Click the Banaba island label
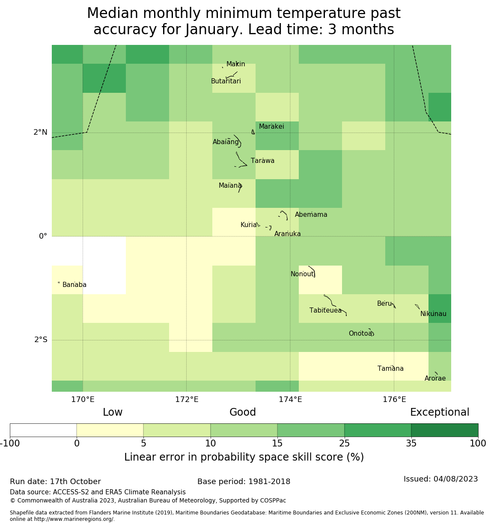tap(74, 285)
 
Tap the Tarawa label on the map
tap(262, 161)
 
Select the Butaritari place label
tap(226, 81)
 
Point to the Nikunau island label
tap(433, 314)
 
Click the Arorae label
tap(435, 378)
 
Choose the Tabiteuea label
tap(325, 310)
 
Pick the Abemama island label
tap(311, 215)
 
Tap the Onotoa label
tap(360, 334)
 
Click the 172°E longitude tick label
tap(187, 400)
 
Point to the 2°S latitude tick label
tap(41, 340)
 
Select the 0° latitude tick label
tap(43, 236)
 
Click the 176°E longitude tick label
tap(394, 400)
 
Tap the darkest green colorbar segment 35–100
tap(444, 430)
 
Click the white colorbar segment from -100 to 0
tap(43, 430)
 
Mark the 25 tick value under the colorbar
tap(344, 443)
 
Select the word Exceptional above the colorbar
tap(440, 413)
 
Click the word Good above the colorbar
tap(243, 413)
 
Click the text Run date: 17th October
tap(55, 482)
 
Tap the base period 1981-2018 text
tap(244, 482)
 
